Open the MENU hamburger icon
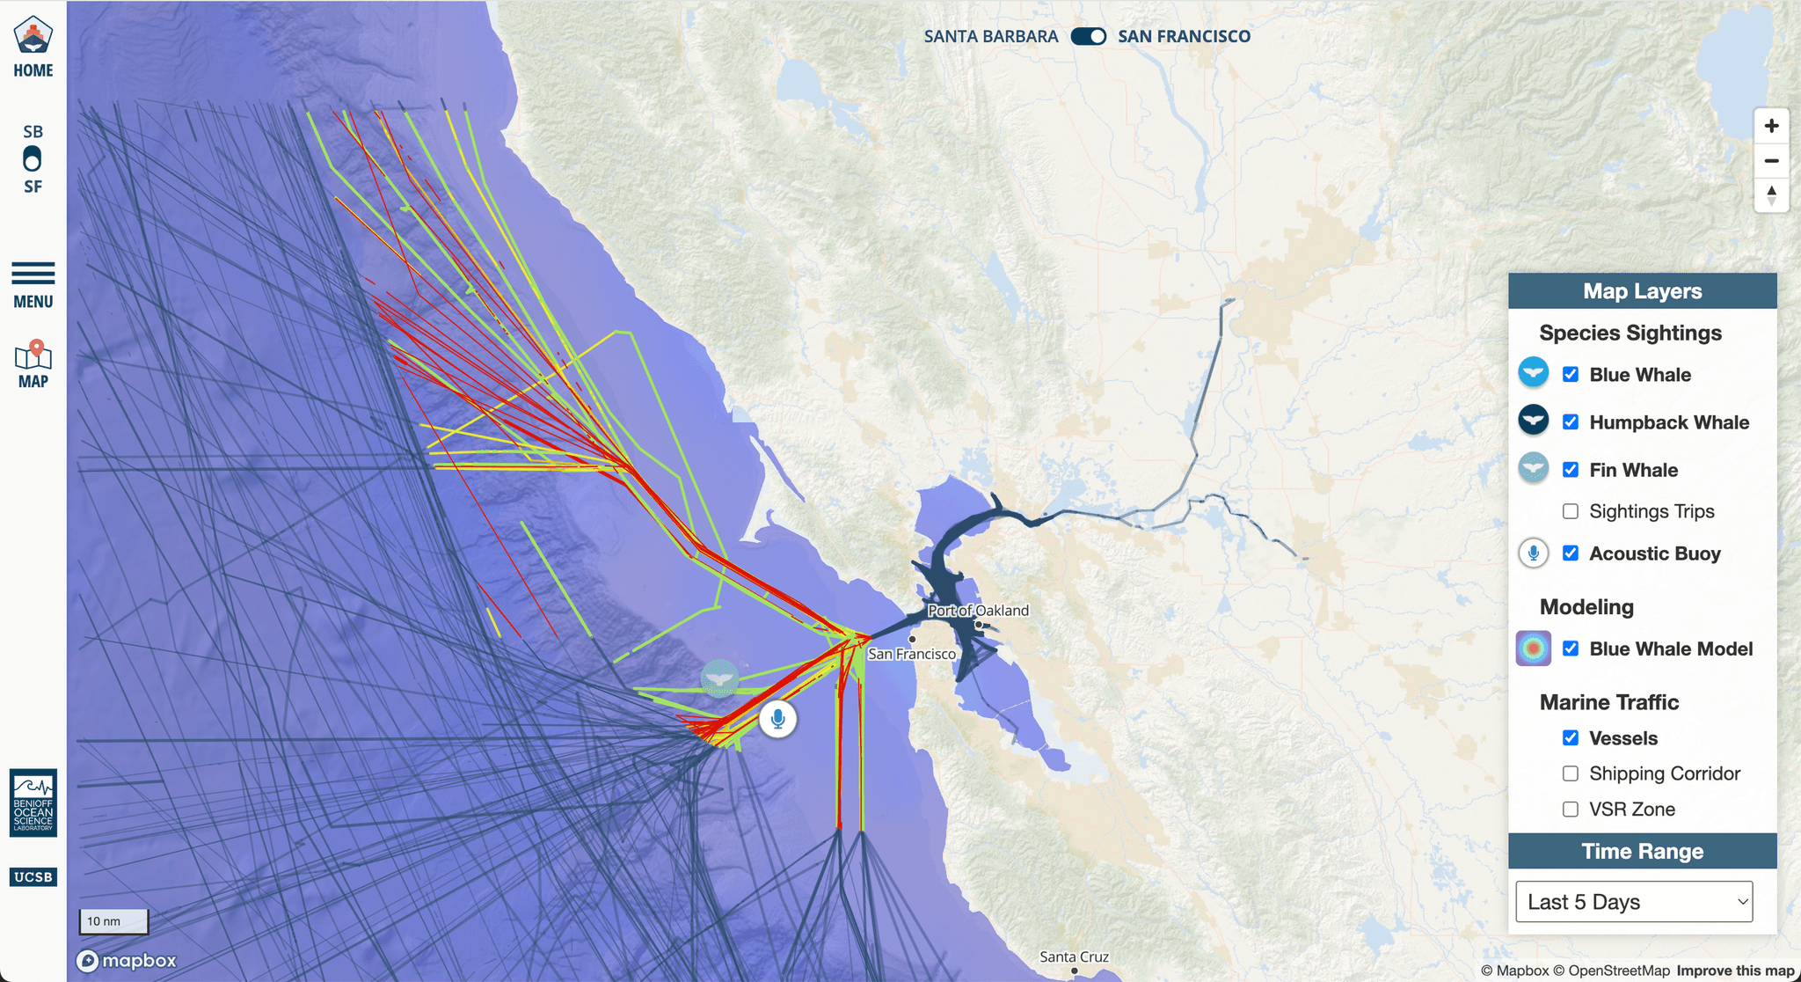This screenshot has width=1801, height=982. click(33, 274)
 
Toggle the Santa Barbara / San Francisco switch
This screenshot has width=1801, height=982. click(1088, 36)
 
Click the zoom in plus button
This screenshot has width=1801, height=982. click(1771, 126)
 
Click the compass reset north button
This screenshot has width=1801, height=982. click(1771, 194)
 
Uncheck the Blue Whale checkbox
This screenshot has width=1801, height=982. click(1571, 375)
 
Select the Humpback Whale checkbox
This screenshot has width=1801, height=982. click(1571, 422)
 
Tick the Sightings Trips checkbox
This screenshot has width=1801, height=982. click(1571, 511)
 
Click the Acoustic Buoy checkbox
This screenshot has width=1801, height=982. click(1571, 553)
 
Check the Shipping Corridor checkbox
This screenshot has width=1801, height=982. click(1571, 773)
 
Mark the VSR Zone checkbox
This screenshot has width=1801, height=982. click(1571, 810)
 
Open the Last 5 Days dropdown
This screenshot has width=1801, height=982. click(1634, 902)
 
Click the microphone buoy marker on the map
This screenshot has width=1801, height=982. click(777, 719)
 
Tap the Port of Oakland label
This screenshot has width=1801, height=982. click(978, 611)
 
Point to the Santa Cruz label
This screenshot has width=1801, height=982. click(1074, 956)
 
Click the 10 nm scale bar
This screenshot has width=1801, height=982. click(113, 921)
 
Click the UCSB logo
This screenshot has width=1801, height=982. click(33, 876)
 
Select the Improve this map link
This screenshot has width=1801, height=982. click(1734, 971)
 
